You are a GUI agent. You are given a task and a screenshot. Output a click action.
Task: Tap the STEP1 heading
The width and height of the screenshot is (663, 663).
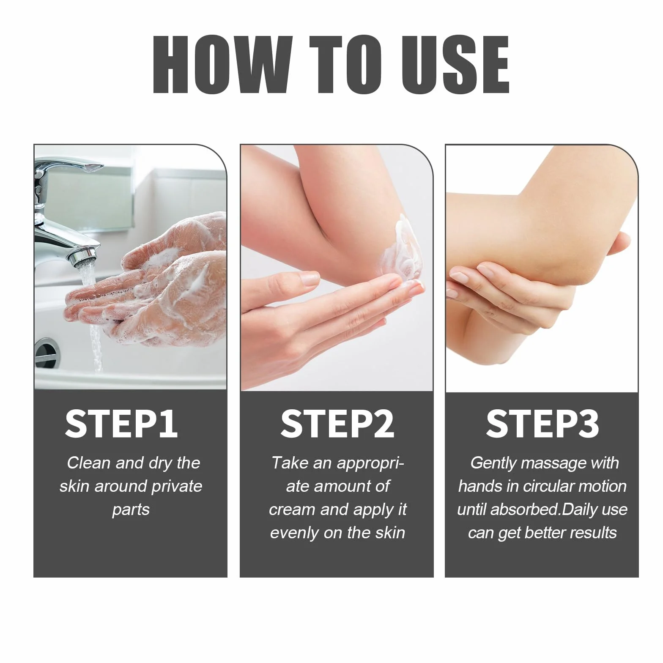[121, 424]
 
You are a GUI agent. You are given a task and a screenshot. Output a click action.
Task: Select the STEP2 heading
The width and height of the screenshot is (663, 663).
[337, 424]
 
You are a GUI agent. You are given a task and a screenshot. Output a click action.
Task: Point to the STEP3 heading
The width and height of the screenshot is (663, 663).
[542, 424]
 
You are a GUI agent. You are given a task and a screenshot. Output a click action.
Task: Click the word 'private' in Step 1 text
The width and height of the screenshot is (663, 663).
[177, 487]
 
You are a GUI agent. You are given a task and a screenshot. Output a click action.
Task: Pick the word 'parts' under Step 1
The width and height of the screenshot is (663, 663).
[131, 510]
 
